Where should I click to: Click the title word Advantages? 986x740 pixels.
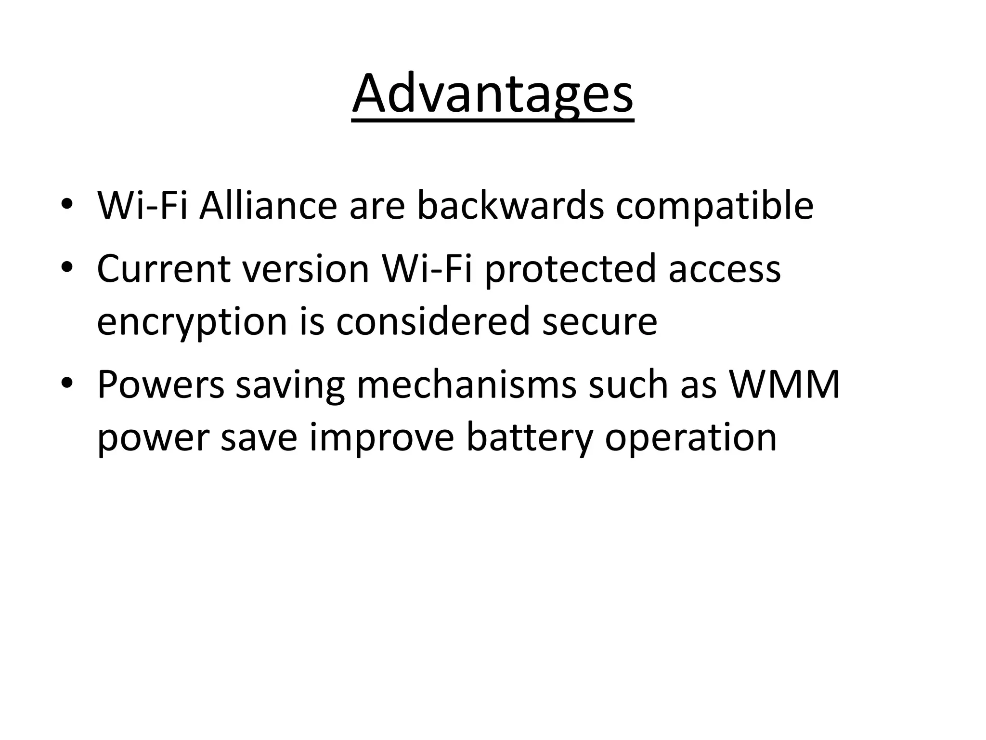click(x=493, y=94)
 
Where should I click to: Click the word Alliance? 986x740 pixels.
click(x=268, y=206)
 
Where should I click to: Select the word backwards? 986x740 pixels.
click(x=510, y=206)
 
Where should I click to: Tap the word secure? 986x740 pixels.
click(x=599, y=321)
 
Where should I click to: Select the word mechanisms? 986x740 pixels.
click(x=466, y=385)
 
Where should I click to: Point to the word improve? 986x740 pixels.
click(x=381, y=438)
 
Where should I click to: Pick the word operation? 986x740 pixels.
click(x=690, y=438)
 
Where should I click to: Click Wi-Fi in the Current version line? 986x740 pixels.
click(x=426, y=268)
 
